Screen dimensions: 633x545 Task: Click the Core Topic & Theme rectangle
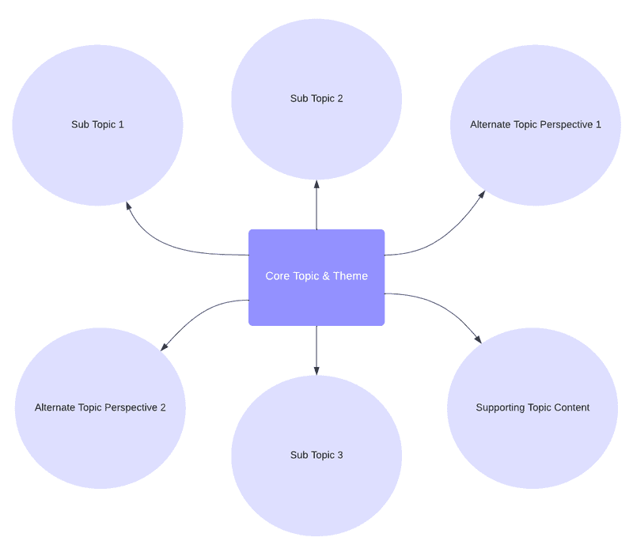point(316,278)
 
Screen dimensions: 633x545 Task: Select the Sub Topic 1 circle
point(97,125)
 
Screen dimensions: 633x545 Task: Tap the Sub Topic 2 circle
point(316,100)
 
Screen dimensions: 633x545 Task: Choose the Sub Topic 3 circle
point(316,456)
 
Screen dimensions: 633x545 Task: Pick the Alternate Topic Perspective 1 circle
point(536,125)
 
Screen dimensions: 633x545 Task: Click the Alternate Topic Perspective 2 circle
point(100,408)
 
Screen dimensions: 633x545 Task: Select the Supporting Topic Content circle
point(533,408)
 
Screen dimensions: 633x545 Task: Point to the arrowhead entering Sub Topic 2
point(316,184)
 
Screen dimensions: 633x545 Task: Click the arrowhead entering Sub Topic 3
point(316,371)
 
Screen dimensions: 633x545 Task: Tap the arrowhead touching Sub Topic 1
point(129,206)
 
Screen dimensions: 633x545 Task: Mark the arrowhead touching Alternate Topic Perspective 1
point(481,195)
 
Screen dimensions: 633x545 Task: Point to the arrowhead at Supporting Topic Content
point(478,339)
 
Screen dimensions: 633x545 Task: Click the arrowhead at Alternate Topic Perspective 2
point(165,346)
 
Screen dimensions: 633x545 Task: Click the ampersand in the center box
point(326,276)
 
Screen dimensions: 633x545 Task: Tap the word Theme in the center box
point(351,276)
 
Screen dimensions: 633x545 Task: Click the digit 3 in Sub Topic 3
point(340,455)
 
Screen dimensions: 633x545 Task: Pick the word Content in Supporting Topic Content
point(571,407)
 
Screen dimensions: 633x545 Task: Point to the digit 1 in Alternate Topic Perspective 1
point(598,124)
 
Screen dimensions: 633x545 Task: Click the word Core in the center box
point(278,276)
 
